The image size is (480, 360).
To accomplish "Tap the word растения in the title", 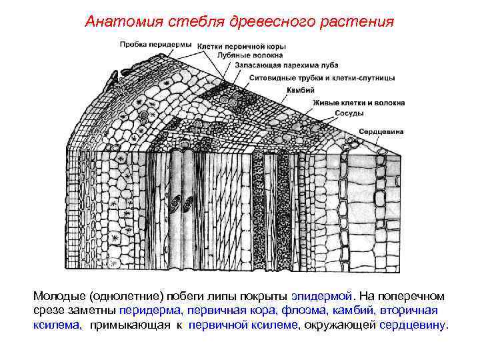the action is coord(361,22).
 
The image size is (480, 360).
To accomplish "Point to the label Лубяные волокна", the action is coord(245,56).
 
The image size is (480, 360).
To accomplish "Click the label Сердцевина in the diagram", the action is coord(381,132).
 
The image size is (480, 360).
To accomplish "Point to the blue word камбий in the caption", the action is coord(354,310).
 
